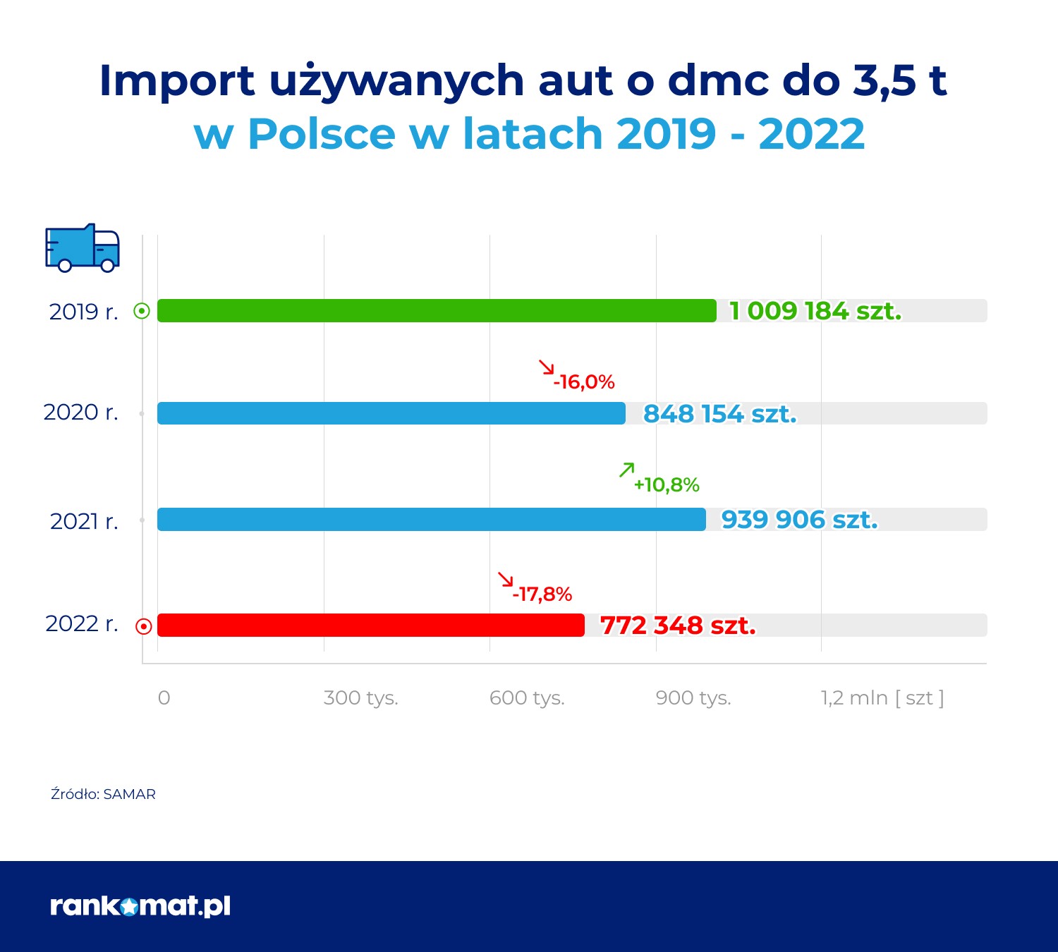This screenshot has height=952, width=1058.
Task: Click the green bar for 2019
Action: [x=437, y=310]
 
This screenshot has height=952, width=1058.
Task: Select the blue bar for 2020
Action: [x=391, y=413]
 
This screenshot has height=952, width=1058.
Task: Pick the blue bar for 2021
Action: [x=432, y=520]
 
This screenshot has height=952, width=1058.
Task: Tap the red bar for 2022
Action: [x=371, y=625]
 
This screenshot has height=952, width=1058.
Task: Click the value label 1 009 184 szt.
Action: [x=815, y=311]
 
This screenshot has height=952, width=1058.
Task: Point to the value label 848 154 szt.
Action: [x=719, y=414]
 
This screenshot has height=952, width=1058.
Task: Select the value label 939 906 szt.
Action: [x=799, y=520]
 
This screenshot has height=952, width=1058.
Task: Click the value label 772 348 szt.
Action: [x=678, y=625]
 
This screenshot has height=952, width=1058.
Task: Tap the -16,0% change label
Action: [x=584, y=382]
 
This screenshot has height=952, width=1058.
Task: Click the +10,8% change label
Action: [x=667, y=485]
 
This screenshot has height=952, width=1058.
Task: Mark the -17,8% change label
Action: [x=542, y=594]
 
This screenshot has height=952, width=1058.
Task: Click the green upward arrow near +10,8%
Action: [x=626, y=470]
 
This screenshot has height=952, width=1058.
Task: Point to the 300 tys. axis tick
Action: [x=360, y=697]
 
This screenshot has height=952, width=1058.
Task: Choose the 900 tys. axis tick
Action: [x=693, y=697]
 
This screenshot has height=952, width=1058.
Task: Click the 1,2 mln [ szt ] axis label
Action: [x=882, y=697]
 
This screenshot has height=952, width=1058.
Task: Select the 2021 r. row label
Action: [x=84, y=521]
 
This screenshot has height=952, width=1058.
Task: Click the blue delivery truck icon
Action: [x=83, y=248]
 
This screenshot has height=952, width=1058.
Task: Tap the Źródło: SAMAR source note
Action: [x=103, y=794]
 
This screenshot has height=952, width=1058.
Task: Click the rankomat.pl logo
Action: [x=140, y=906]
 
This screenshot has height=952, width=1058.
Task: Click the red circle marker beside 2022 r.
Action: [x=143, y=626]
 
